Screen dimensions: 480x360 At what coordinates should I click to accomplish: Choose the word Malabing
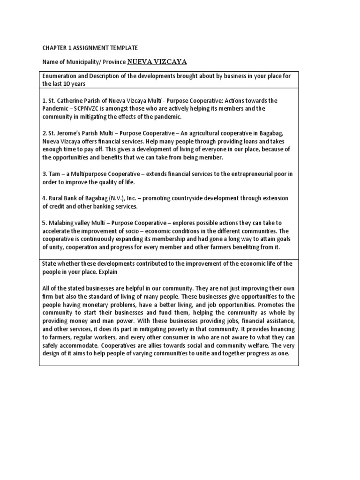coord(61,223)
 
